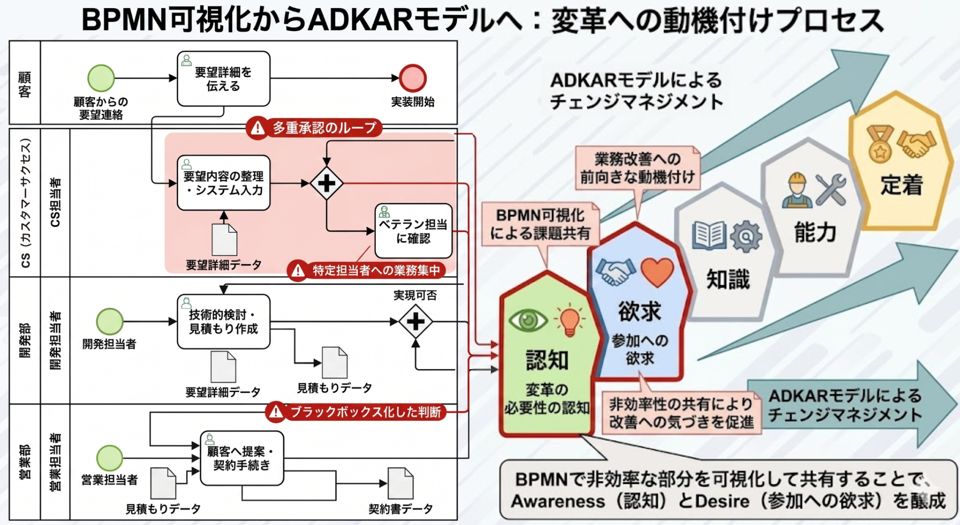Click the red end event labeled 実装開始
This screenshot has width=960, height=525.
[413, 78]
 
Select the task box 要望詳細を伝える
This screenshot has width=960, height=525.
[223, 79]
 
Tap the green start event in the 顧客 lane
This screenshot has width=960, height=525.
[101, 78]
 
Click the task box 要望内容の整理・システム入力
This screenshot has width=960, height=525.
[223, 183]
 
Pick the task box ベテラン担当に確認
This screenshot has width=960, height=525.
[414, 231]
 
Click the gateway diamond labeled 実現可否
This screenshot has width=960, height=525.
[416, 321]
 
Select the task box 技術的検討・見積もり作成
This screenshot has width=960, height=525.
[223, 321]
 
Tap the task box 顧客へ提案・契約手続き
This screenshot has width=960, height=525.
[242, 458]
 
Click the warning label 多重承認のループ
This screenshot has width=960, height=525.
[314, 128]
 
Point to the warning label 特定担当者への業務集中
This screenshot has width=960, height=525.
[367, 271]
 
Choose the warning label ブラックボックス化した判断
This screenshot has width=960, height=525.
[356, 412]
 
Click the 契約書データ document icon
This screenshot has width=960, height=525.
[400, 483]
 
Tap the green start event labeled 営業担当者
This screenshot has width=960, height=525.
[109, 458]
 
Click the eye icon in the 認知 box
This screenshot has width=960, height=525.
[527, 320]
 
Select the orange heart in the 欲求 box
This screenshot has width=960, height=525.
[657, 272]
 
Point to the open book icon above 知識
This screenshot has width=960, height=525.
[709, 235]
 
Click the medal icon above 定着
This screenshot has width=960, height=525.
[880, 143]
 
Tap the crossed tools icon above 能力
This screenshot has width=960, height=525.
[831, 190]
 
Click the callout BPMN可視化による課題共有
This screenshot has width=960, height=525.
[540, 224]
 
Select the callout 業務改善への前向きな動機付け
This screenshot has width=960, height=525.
[637, 168]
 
